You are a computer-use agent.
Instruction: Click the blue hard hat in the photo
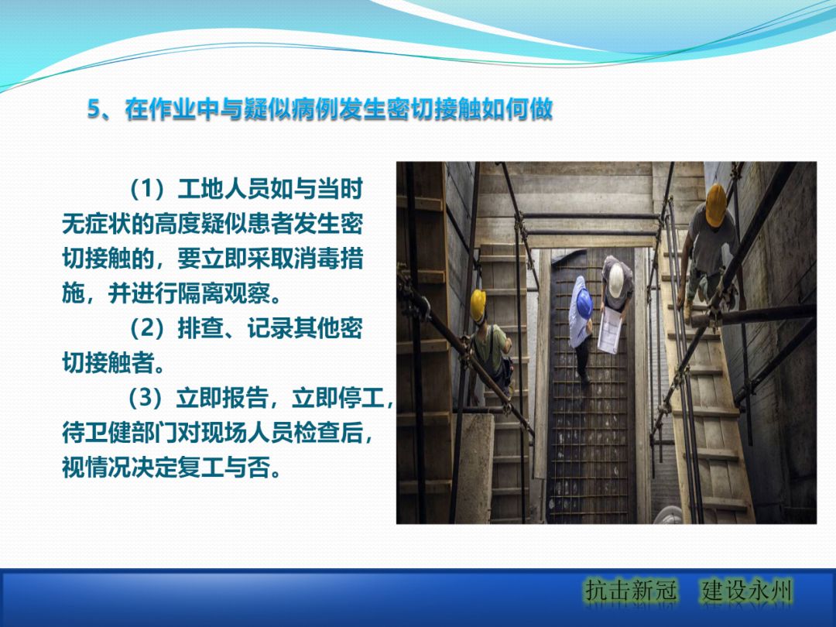tap(583, 286)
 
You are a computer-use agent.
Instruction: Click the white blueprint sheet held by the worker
tap(610, 330)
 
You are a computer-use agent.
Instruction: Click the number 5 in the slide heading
tap(94, 110)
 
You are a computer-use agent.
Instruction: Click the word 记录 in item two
tap(266, 328)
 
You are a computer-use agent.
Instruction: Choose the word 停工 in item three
tap(361, 399)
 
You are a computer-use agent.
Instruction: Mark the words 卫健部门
tap(135, 433)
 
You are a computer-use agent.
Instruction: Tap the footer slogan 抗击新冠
tap(631, 592)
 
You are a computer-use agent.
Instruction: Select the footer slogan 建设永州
tap(748, 592)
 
